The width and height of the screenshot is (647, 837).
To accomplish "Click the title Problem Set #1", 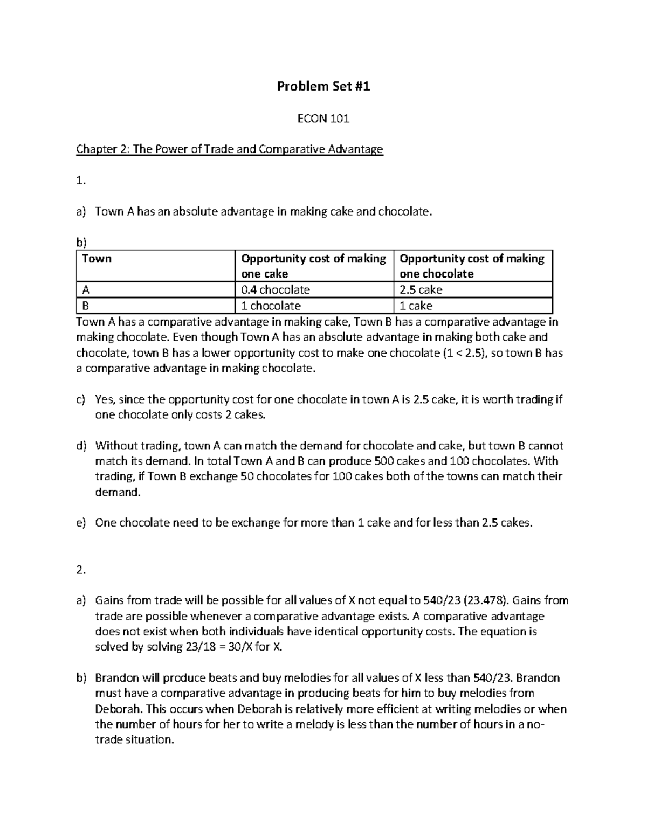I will tap(323, 86).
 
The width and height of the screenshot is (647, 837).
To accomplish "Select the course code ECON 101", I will tap(323, 119).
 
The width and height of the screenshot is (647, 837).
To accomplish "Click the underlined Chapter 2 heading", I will tap(229, 149).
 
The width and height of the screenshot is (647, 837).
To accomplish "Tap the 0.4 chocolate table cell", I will tap(276, 290).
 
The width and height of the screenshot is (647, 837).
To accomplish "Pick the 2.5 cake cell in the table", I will tap(421, 290).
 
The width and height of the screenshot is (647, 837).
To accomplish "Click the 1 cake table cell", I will tap(416, 306).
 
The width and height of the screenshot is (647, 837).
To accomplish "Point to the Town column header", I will tap(97, 259).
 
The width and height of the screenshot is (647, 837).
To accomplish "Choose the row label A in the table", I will tap(86, 290).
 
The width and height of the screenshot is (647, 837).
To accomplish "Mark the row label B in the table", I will tap(86, 306).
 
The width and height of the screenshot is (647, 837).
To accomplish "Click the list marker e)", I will tap(81, 523).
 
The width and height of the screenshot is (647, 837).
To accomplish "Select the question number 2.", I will tap(81, 570).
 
